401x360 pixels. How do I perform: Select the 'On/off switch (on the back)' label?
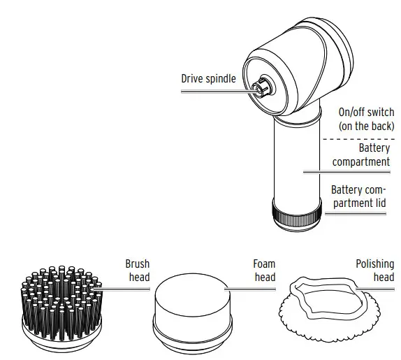pyautogui.click(x=365, y=119)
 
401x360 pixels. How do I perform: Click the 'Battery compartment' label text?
pyautogui.click(x=360, y=155)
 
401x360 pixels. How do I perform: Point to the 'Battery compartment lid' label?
pyautogui.click(x=361, y=196)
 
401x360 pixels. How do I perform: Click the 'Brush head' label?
pyautogui.click(x=137, y=271)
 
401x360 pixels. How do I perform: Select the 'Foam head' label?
pyautogui.click(x=263, y=271)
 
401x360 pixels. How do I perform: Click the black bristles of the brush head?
pyautogui.click(x=60, y=297)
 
